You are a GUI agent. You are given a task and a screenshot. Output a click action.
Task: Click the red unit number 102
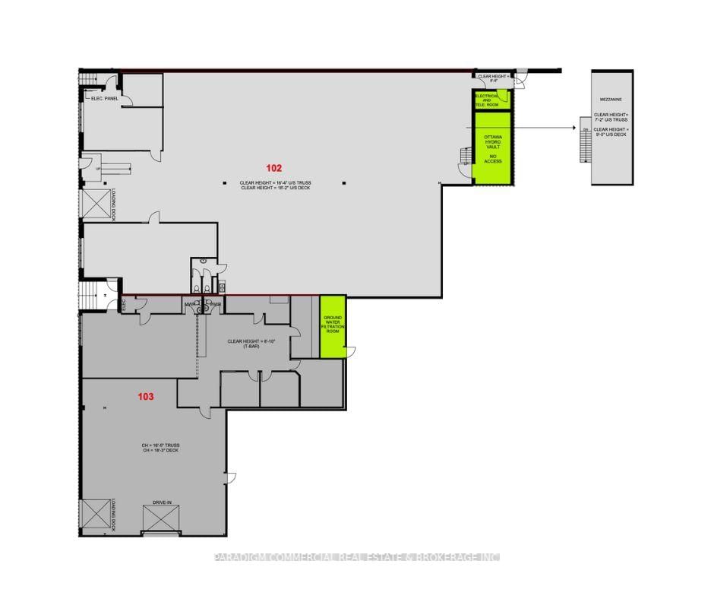click(x=273, y=166)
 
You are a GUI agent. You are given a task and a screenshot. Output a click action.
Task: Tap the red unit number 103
click(x=146, y=396)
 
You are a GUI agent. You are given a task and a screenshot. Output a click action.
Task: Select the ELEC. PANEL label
click(x=105, y=98)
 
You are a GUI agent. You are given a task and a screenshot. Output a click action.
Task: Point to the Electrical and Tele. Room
click(x=490, y=100)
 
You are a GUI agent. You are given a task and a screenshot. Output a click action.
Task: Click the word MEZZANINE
click(x=611, y=99)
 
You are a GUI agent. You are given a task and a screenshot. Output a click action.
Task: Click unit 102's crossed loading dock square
click(x=95, y=204)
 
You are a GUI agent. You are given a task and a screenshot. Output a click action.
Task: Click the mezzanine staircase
click(x=584, y=144)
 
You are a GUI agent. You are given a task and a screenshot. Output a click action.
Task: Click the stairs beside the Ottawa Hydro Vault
click(x=465, y=157)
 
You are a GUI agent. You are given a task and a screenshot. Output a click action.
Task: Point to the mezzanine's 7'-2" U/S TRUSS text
click(x=612, y=120)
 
